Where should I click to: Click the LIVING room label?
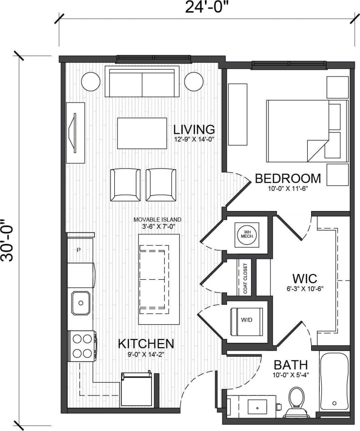pos(194,129)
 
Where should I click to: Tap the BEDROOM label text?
pos(288,178)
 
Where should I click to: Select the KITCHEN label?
pos(146,343)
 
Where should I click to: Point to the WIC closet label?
pos(305,279)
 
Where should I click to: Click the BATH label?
pos(290,365)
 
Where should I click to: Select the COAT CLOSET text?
pos(245,279)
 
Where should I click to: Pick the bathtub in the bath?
pos(334,381)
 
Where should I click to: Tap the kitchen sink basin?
pos(81,302)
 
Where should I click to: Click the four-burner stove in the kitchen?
pos(82,346)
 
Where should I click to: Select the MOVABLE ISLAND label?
pos(157,220)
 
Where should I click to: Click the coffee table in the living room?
pos(142,133)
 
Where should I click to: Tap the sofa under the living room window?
pos(142,82)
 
